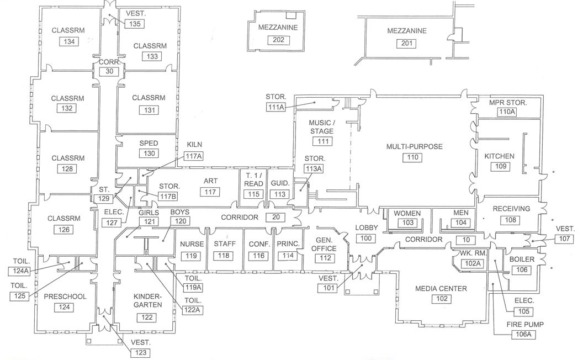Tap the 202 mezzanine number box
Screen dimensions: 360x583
click(278, 40)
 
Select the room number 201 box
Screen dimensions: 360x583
click(406, 43)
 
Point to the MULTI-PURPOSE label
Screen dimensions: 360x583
click(414, 146)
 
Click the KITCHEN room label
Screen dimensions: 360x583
click(499, 156)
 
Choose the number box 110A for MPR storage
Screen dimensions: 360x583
click(507, 112)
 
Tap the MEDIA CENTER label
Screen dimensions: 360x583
click(441, 288)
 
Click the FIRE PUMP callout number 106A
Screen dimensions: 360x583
click(524, 335)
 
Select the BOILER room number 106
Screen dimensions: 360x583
click(522, 270)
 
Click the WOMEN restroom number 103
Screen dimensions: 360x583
click(407, 223)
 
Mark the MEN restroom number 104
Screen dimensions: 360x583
click(460, 223)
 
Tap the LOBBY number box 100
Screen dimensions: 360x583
click(365, 239)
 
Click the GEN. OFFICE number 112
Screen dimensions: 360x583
click(326, 258)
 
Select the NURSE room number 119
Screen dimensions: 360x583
click(192, 256)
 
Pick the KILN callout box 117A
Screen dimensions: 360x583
click(194, 157)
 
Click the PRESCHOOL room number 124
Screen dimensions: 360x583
click(65, 308)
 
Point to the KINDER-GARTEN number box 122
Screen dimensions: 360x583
click(147, 317)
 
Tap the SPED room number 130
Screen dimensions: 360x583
click(148, 153)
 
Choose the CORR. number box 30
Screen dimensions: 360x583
click(109, 71)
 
